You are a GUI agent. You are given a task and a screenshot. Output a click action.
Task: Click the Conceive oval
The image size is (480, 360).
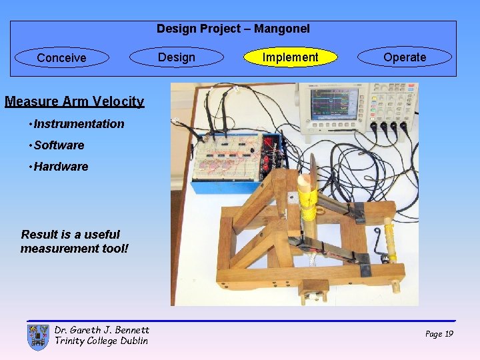coord(62,58)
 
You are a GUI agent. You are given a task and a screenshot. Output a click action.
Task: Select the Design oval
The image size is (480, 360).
coord(177,57)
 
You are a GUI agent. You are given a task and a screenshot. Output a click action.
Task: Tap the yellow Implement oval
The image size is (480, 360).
coord(290,57)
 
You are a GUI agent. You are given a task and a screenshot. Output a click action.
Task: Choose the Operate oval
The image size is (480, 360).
coord(405,57)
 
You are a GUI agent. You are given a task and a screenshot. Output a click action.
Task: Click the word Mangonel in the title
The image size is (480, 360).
coord(283,29)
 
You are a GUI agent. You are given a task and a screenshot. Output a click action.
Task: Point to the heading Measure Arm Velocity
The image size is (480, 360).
coord(74,101)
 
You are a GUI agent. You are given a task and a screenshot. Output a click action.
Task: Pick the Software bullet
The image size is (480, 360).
coord(59,145)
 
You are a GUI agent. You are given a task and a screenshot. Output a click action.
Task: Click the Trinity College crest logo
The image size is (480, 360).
coord(38,337)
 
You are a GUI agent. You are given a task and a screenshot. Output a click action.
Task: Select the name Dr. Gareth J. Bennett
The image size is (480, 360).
coord(101,329)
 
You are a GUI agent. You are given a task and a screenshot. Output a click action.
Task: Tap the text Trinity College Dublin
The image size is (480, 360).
coord(101,341)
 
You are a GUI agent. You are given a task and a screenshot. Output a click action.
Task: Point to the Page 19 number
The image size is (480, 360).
coord(439,333)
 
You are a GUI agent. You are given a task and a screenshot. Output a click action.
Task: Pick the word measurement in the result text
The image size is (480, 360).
coord(63,248)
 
